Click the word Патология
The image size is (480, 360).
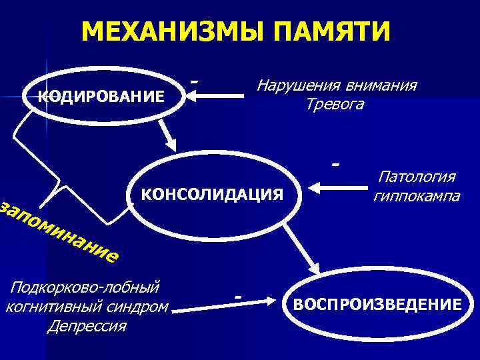click(417, 177)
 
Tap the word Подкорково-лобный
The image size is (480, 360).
click(83, 287)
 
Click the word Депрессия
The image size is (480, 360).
click(87, 327)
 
